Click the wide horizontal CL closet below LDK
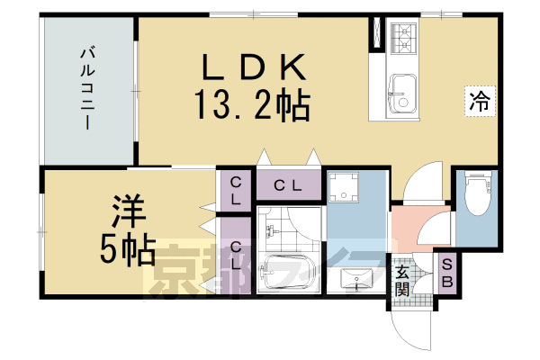(287, 186)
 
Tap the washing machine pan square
(345, 189)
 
